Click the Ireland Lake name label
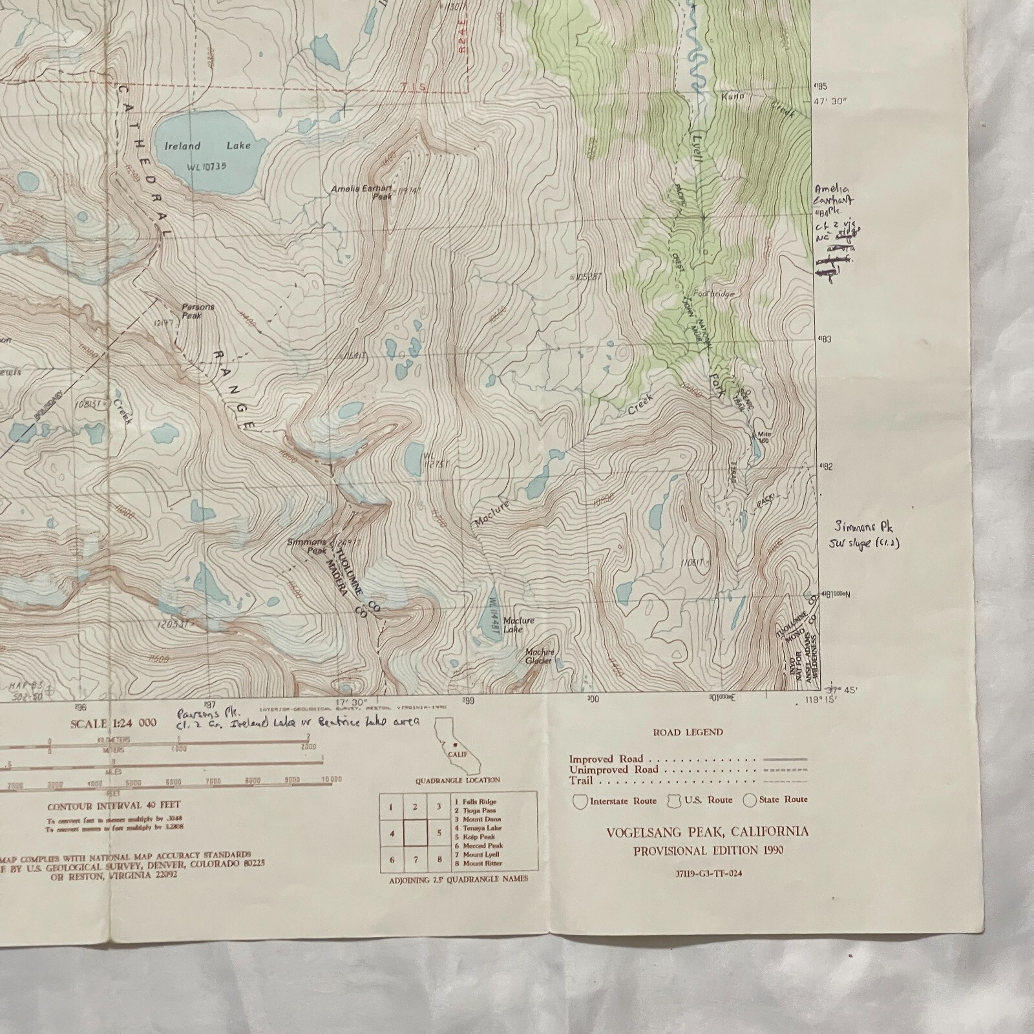click(207, 146)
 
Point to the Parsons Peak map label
click(197, 311)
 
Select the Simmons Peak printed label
click(308, 547)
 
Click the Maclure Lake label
click(518, 624)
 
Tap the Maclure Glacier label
click(538, 656)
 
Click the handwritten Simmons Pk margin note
click(864, 534)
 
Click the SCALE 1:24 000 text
click(113, 723)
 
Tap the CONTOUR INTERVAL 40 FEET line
click(114, 805)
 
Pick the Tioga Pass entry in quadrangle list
click(478, 810)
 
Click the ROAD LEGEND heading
click(688, 732)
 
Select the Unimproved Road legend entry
click(614, 770)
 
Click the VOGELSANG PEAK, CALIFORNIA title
click(707, 832)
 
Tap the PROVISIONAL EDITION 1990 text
click(708, 850)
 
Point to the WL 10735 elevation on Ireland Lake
click(207, 167)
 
